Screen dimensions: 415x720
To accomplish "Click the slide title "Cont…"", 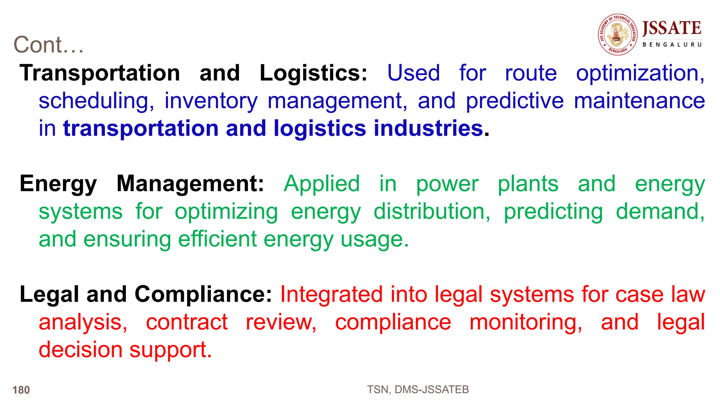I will coord(49,45).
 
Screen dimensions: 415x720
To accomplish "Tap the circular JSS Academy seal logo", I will coord(618,35).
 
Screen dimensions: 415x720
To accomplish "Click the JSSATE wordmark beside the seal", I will coord(671,28).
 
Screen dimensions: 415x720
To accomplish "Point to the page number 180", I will coord(21,390).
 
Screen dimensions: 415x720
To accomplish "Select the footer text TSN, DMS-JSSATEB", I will coord(418,389).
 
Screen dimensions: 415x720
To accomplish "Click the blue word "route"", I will coord(531,73).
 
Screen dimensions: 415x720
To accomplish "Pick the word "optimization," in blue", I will coord(640,74).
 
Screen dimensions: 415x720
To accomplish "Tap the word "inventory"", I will coord(211,101).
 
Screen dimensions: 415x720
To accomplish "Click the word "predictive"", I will coord(515,101).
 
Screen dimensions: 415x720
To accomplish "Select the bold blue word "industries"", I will coord(428,128).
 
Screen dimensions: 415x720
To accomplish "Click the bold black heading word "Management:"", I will coord(190,184).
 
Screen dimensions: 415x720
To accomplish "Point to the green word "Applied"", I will coord(322,184).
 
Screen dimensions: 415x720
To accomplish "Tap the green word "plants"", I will coord(528,184).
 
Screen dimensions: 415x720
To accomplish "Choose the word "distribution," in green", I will coord(432,212).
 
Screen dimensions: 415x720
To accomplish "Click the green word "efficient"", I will coord(217,239).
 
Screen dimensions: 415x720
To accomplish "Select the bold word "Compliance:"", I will coord(203,294).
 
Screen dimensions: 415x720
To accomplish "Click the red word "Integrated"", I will coord(331,294).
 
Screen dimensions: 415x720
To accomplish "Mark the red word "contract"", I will coord(187,322).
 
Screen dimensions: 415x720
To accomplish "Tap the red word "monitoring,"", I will coord(526,323).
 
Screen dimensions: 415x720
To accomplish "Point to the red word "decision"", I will coord(81,350).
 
